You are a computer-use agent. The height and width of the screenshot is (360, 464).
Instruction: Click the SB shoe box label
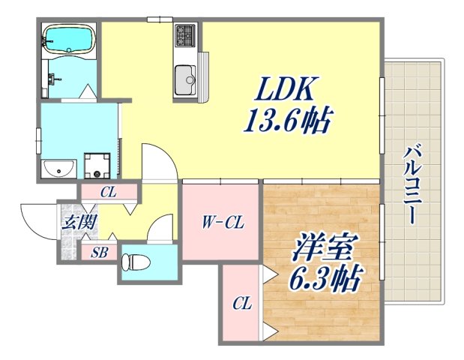[100, 253]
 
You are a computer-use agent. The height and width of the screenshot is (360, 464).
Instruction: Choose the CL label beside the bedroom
[241, 304]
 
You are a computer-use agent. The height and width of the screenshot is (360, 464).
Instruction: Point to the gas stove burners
[185, 34]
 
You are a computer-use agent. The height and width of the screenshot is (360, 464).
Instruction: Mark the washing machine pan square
[96, 164]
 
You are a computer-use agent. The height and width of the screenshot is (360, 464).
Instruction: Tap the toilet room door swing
[160, 229]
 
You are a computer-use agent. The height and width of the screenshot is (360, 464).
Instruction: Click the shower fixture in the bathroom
[52, 76]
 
